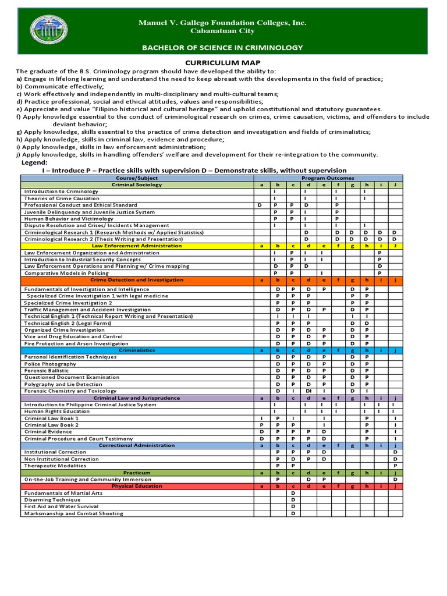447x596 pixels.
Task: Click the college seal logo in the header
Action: tap(56, 31)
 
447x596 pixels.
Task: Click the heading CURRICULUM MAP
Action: tap(223, 62)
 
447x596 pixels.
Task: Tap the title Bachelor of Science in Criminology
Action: tap(223, 47)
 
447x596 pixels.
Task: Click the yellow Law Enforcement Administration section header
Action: tap(137, 246)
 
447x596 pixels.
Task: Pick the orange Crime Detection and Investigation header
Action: tap(137, 280)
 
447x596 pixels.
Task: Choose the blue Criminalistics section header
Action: tap(137, 350)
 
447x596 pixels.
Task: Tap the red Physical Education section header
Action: tap(137, 486)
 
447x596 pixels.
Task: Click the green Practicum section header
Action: tap(137, 473)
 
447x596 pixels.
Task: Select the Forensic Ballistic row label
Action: tap(46, 371)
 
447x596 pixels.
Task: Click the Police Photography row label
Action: tap(48, 364)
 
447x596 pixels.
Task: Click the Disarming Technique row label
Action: tap(52, 500)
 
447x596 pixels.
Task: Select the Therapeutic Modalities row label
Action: tap(55, 466)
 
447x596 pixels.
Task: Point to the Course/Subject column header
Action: tap(137, 178)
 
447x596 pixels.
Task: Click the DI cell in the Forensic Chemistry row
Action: tap(308, 391)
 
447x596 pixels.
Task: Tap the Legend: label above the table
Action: tap(34, 162)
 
